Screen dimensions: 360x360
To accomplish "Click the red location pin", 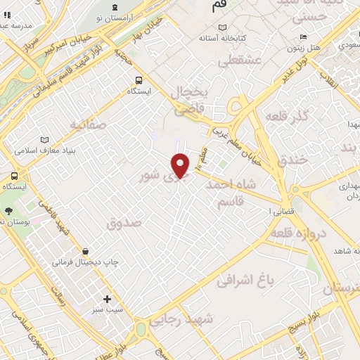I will tap(181, 165).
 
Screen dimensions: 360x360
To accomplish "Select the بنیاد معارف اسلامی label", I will tap(44, 150).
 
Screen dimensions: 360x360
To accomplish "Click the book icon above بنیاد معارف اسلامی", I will tap(46, 139).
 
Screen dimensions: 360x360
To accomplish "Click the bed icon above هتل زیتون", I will tap(302, 37).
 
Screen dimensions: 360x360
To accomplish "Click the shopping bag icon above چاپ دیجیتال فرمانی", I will tap(85, 251).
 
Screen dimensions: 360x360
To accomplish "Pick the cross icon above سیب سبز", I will tap(107, 299).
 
